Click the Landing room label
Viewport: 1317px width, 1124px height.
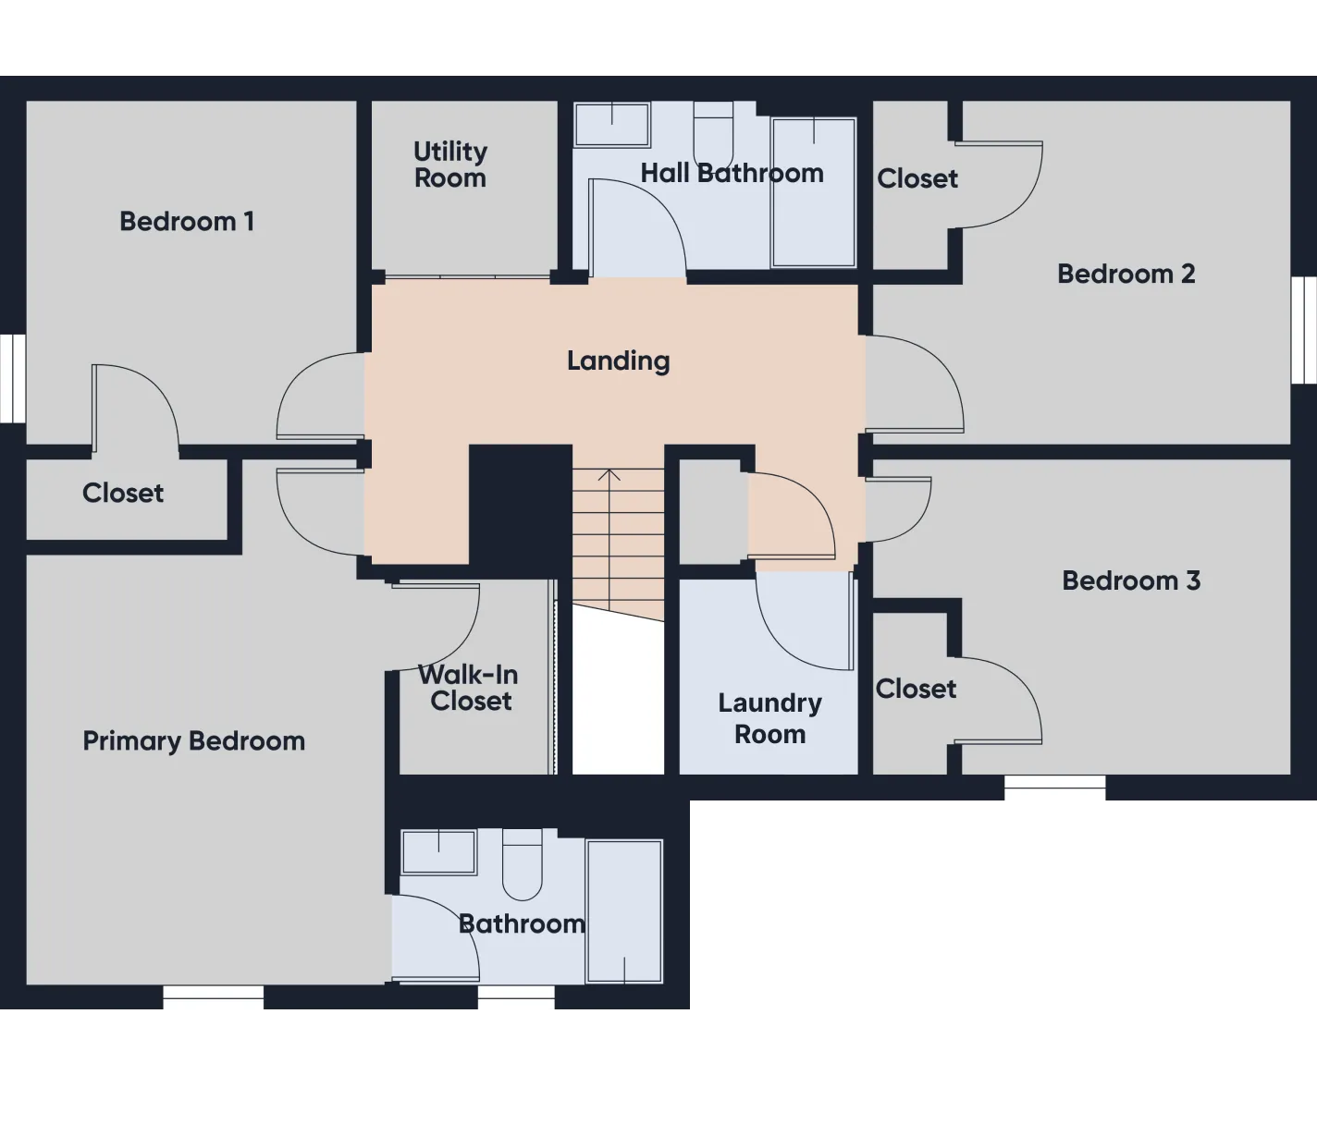click(x=618, y=361)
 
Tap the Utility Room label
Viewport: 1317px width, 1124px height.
click(x=450, y=165)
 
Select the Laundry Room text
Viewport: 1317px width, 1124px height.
click(x=769, y=718)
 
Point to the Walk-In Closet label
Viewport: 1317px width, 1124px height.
click(x=470, y=688)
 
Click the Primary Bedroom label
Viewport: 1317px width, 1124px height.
click(x=193, y=741)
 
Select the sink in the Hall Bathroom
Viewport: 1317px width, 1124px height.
click(x=612, y=125)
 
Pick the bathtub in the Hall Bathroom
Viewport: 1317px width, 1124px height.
click(x=814, y=192)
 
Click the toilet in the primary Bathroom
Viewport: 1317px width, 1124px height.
click(x=523, y=864)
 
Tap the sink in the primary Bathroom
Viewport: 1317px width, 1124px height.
click(x=438, y=851)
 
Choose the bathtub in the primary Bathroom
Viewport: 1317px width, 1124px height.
click(x=624, y=911)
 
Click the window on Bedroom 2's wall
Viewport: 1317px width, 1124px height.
click(x=1303, y=330)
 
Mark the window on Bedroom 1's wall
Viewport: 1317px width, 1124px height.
click(x=13, y=378)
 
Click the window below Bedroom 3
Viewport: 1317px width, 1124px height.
click(x=1055, y=790)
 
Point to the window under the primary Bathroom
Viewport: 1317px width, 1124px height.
click(x=516, y=999)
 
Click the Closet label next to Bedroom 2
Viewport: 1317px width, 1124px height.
click(x=917, y=178)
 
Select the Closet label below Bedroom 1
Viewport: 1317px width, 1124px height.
click(x=123, y=494)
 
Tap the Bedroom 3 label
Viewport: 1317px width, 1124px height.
click(x=1131, y=580)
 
